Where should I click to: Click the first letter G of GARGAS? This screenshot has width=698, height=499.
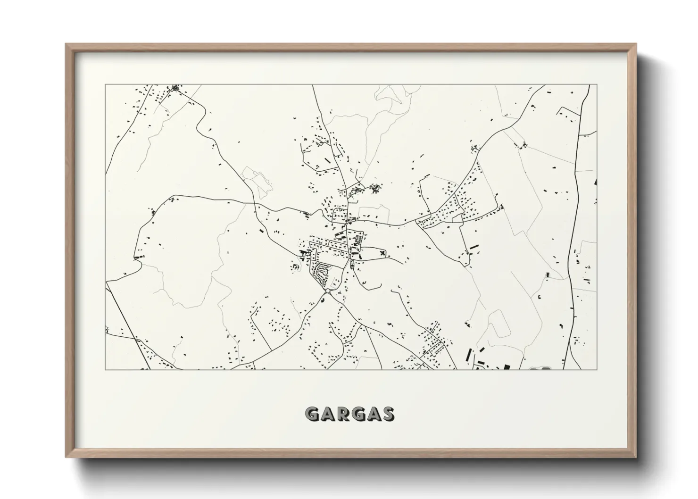point(312,414)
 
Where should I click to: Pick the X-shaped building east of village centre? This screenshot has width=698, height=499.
point(382,254)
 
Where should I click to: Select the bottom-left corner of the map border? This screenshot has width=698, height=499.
point(106,369)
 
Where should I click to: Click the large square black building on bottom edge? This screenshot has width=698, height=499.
point(507,366)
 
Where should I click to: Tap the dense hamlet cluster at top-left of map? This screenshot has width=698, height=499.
point(176,88)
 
